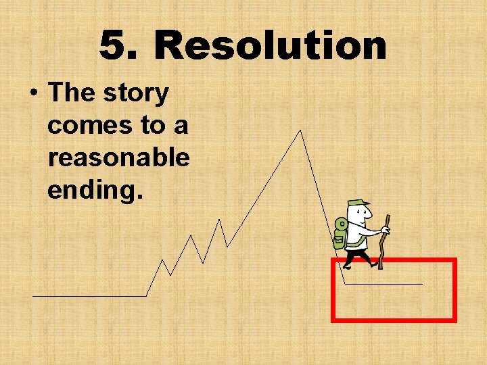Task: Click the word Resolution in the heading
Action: tap(271, 46)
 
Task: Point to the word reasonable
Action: tap(118, 157)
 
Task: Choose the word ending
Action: tap(95, 189)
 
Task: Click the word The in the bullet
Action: tap(71, 93)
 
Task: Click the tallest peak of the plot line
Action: tap(300, 130)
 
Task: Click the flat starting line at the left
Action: tap(88, 295)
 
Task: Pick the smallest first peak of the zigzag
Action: tap(162, 260)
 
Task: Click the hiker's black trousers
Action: tap(356, 257)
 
